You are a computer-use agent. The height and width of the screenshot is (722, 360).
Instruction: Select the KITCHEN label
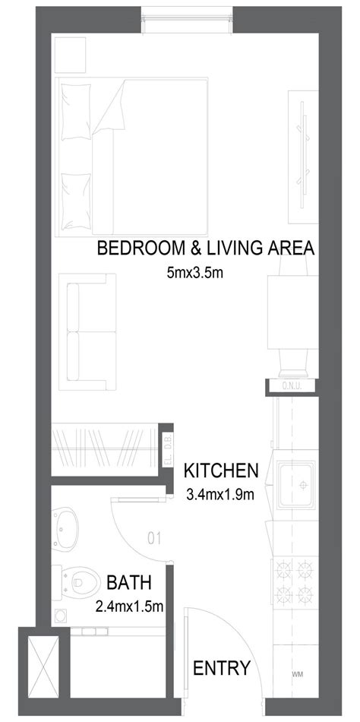[222, 471]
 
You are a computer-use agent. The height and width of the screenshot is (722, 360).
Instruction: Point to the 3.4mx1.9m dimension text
[219, 494]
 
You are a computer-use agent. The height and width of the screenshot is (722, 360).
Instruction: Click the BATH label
[128, 584]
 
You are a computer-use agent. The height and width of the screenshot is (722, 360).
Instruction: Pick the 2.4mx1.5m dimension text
[130, 606]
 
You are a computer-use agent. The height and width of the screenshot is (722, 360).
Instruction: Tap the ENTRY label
[222, 669]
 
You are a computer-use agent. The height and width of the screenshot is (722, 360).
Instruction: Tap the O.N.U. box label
[292, 388]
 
